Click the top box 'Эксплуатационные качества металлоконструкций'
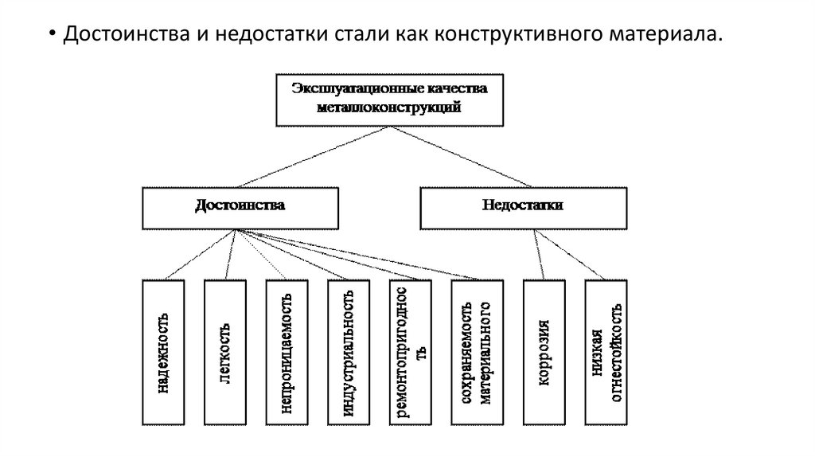click(x=388, y=99)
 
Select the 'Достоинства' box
click(x=240, y=207)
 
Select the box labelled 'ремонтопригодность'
click(x=411, y=352)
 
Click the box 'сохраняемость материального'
click(x=473, y=352)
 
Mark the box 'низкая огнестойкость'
click(x=606, y=352)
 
